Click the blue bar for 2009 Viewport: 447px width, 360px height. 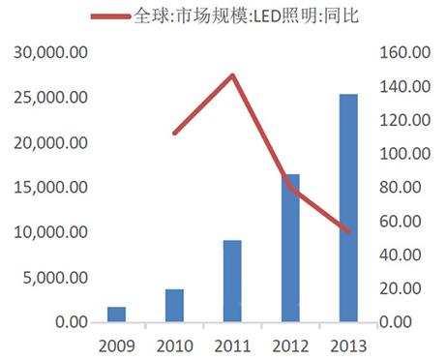[116, 314]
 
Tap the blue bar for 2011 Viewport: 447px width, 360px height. [232, 281]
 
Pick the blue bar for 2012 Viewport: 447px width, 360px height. [290, 247]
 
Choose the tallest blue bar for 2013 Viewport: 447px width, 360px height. [348, 207]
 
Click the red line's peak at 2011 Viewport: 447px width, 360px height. [233, 75]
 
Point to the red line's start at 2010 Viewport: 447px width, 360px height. [174, 133]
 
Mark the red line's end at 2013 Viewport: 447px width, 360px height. [348, 231]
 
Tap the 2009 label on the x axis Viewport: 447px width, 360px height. [116, 345]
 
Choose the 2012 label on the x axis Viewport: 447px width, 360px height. [290, 345]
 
